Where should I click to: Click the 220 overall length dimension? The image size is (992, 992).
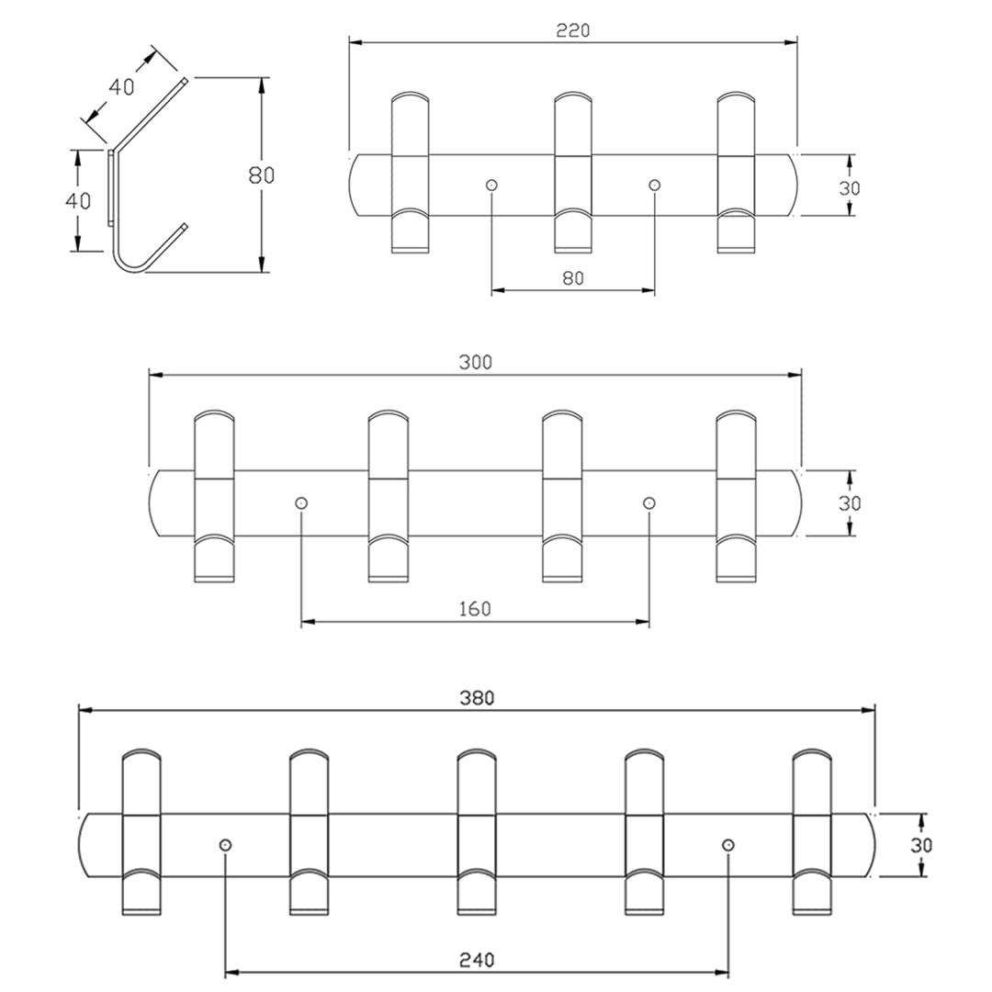[572, 30]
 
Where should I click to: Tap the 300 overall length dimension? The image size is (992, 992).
[475, 362]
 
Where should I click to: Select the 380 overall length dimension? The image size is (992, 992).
[477, 698]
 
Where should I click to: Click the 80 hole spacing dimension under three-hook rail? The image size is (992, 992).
[572, 278]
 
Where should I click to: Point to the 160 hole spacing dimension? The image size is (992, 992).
[475, 609]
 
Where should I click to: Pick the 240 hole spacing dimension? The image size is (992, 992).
[477, 960]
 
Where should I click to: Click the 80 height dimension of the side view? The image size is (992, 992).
[262, 175]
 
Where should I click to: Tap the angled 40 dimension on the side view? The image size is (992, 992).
[122, 87]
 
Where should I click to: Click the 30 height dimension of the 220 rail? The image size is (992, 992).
[850, 186]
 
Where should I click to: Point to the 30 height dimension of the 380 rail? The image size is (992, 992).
[921, 845]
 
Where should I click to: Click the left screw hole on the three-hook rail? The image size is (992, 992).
[491, 186]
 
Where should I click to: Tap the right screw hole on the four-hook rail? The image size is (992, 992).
[649, 503]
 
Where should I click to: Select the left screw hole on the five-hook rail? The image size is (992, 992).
[226, 845]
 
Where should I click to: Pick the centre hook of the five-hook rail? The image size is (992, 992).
[477, 832]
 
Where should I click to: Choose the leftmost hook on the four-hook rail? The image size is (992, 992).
[215, 496]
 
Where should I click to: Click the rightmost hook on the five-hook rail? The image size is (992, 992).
[812, 832]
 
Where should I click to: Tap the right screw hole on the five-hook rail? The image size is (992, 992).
[728, 845]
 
